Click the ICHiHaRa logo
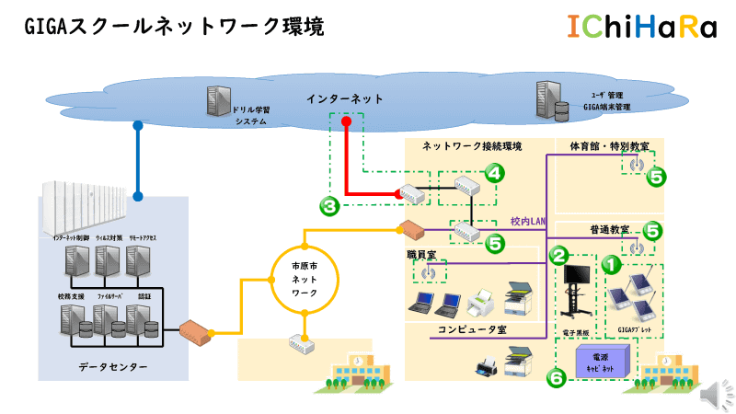[x=641, y=29]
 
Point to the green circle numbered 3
[x=330, y=206]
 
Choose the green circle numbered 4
[x=495, y=172]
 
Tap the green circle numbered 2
[x=559, y=252]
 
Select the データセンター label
[x=112, y=367]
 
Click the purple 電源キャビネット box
[x=599, y=361]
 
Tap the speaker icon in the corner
[x=711, y=394]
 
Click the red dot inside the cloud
[x=346, y=121]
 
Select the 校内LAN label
[x=528, y=221]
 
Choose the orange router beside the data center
[x=197, y=329]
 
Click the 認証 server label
[x=144, y=297]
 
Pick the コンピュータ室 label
[x=473, y=328]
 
